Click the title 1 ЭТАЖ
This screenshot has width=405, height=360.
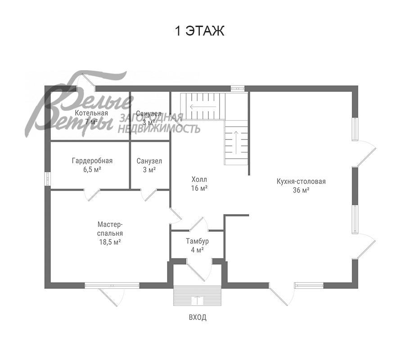199,31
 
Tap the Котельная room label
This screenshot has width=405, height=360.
91,113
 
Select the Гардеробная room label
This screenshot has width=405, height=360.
92,161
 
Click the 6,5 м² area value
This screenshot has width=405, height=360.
92,170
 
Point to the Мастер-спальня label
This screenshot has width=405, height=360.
110,229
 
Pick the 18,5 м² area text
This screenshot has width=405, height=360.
110,242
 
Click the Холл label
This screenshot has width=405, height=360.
199,179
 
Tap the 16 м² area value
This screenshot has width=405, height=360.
199,188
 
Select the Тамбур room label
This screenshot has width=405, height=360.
198,241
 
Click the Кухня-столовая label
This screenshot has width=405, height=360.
301,181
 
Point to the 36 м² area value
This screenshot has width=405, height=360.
301,190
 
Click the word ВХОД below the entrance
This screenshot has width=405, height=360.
198,317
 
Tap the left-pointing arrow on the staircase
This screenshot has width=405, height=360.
203,106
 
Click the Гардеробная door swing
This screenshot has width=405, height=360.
91,195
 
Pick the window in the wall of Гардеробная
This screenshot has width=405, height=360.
48,179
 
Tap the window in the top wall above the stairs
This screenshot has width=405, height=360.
237,88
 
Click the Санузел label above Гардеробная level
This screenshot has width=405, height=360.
149,114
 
